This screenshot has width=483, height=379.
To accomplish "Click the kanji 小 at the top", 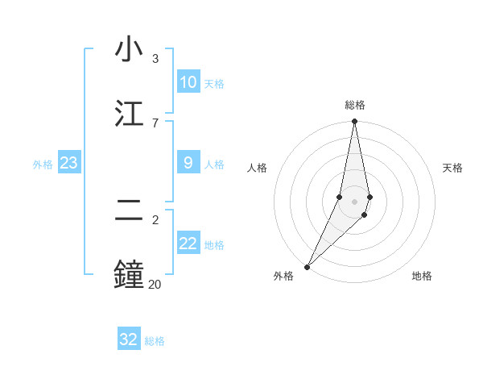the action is [x=129, y=50].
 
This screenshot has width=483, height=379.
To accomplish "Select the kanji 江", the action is [x=129, y=112].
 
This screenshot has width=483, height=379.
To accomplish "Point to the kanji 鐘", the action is [x=129, y=273].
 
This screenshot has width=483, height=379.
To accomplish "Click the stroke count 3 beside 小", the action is [x=155, y=59].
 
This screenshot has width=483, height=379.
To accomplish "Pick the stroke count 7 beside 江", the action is [x=155, y=123].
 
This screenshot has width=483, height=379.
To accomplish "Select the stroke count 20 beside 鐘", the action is [x=155, y=284].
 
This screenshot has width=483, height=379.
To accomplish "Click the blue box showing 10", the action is [x=188, y=82].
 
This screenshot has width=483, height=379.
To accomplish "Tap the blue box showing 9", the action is [x=188, y=163].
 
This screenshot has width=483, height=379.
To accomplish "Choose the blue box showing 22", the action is [x=188, y=244].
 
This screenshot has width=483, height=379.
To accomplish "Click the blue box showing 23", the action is [x=69, y=163].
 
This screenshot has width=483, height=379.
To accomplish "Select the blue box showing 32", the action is [x=129, y=339].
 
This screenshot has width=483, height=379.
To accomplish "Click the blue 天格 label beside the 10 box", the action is [x=214, y=84].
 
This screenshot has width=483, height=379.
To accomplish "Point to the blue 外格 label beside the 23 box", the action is [x=43, y=165].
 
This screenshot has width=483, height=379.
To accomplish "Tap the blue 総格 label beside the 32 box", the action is [x=155, y=341].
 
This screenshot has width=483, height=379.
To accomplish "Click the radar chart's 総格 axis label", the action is [x=355, y=105].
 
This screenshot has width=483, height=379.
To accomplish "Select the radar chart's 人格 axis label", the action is [x=258, y=168].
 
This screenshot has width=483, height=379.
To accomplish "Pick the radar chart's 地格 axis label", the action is [x=422, y=276].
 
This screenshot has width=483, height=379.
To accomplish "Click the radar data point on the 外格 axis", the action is [x=307, y=266].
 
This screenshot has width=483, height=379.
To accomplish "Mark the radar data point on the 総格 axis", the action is [x=355, y=122].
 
